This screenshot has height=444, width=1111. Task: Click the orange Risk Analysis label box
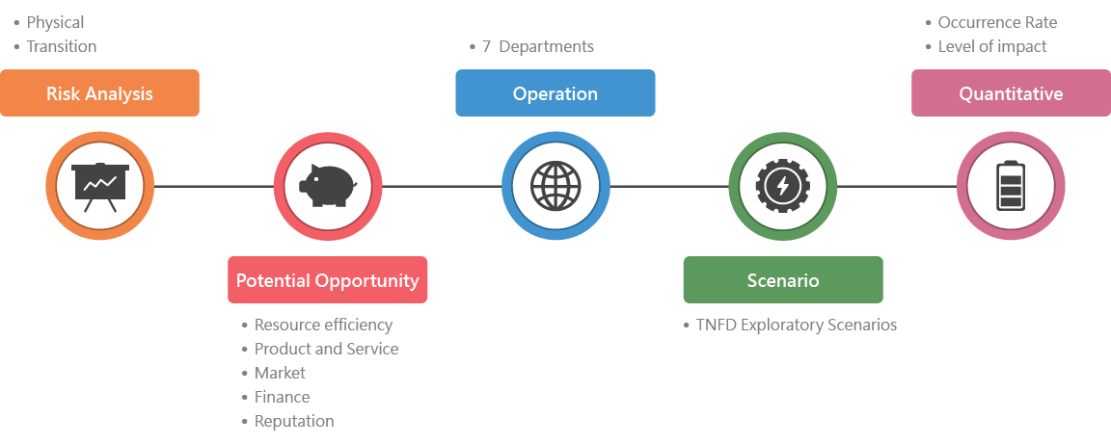point(99,93)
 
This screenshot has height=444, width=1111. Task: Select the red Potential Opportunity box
point(328,280)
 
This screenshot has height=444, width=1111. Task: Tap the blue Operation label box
point(555,93)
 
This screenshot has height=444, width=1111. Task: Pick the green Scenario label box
point(783,280)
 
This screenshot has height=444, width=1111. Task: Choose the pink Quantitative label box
point(1011,93)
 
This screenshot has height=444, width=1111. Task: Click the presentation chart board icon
point(100,186)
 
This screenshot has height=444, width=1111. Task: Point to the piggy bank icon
point(328,186)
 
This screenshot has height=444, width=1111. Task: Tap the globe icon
point(555,186)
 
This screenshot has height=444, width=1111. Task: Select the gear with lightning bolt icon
point(783,186)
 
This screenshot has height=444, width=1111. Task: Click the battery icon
point(1011,186)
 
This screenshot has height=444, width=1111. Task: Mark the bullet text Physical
point(55,22)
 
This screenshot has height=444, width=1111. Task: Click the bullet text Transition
point(62,46)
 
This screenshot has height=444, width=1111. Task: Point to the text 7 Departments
point(538,46)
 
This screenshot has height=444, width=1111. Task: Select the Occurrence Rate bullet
point(997,22)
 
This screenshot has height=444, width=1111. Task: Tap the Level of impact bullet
point(992,46)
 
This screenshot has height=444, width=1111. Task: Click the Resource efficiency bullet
point(323,325)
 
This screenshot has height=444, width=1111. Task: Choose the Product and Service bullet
point(326,349)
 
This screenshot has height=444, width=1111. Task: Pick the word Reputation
point(294,421)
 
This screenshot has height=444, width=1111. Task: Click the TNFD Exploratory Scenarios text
point(797,325)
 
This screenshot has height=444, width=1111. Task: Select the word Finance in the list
point(282,397)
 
